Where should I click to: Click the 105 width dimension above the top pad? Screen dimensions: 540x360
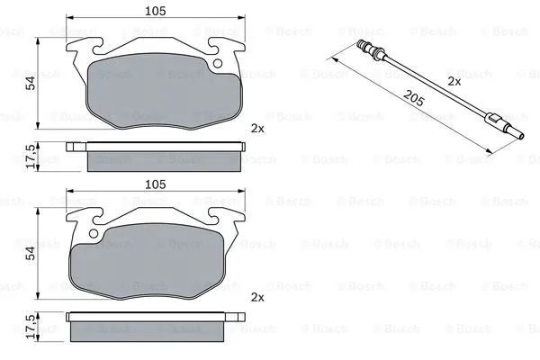point(156,11)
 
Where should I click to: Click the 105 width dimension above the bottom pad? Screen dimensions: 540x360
point(156,184)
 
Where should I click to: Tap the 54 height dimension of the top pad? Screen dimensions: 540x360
point(31,83)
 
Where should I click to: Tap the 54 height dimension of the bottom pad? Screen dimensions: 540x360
point(31,253)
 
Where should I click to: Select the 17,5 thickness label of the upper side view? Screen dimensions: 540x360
point(31,157)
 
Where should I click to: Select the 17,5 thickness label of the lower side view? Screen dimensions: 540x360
point(31,326)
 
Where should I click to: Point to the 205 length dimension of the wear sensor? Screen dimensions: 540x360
point(413,98)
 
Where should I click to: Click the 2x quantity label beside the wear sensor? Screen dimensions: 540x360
point(454,82)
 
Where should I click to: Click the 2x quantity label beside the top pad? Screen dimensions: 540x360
point(257,129)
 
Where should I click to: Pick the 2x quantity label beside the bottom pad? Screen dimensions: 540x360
point(257,297)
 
